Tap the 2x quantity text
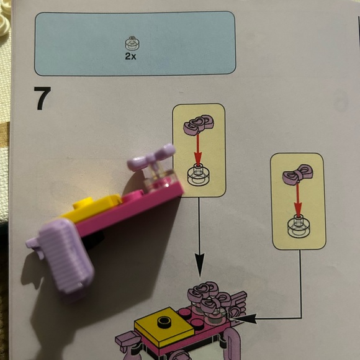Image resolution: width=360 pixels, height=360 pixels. point(132,55)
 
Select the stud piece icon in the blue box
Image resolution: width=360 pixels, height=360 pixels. point(132,43)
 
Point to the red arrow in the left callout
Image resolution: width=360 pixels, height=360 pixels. point(199,149)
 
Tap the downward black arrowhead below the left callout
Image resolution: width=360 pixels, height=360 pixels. point(199,270)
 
